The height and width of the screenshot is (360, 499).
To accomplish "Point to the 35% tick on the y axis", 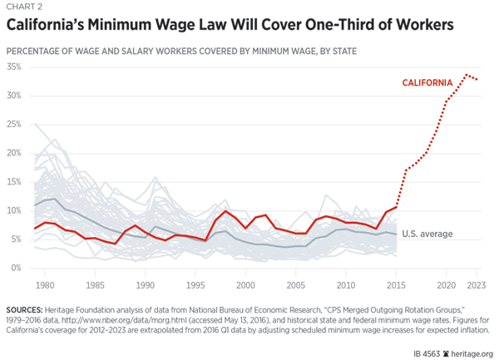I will [x=14, y=67].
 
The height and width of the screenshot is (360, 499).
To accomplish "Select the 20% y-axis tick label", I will [x=14, y=153].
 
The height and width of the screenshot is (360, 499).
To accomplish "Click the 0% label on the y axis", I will [x=17, y=268].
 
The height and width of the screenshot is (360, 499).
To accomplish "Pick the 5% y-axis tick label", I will [x=17, y=239].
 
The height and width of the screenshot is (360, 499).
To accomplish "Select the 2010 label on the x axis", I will [x=346, y=284].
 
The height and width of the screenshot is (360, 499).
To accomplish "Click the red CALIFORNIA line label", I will [x=427, y=83].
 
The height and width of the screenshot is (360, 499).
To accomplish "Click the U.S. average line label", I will [x=427, y=234].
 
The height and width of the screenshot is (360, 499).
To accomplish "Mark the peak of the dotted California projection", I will [x=467, y=75].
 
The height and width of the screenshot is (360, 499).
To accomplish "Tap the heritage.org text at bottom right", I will [x=469, y=352].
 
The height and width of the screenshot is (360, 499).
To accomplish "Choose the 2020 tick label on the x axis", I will [x=447, y=284].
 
